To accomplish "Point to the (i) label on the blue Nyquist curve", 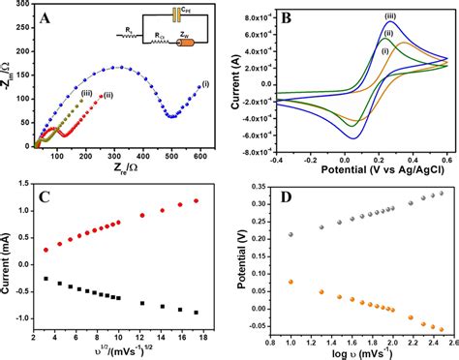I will click(x=203, y=84).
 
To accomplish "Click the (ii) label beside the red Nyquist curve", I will click(x=107, y=95).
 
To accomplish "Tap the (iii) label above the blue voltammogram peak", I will click(x=389, y=15).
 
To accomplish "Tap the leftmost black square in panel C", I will click(x=45, y=278).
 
